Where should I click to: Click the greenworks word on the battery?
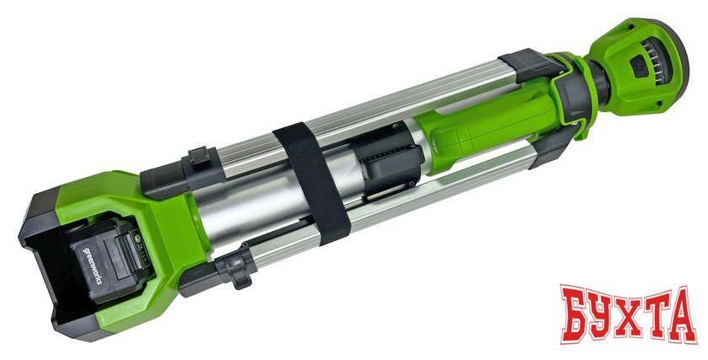92,265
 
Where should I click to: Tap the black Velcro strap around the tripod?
313,184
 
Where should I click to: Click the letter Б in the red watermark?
577,313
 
